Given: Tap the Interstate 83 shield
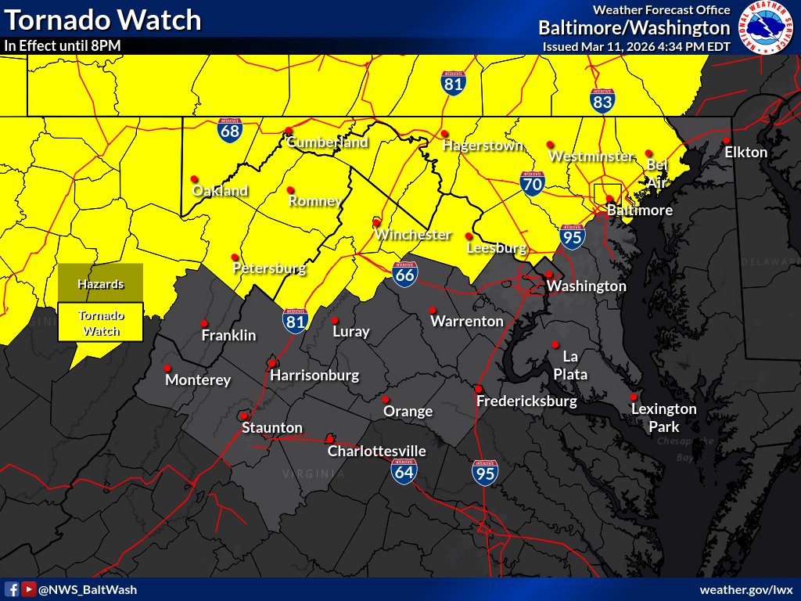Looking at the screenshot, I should pos(602,100).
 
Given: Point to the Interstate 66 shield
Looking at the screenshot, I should pos(404,273).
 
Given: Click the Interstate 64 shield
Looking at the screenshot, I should pos(404,470).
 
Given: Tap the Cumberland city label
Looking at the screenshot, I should pos(327,142).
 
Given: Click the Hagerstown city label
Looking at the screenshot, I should pos(483,146).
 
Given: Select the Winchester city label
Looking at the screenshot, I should pos(412,234).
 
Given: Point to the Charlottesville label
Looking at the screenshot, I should pos(376,452).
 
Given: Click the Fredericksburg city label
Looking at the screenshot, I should pos(526,401).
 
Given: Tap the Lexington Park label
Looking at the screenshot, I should pos(663,418).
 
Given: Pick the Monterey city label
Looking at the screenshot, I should pos(198,380).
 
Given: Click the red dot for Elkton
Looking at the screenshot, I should pos(727,140).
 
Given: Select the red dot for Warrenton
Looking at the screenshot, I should pos(433,309).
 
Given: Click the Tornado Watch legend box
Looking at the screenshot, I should pos(100,323).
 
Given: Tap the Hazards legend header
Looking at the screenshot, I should pos(100,284).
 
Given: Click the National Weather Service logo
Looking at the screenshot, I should pos(766,27).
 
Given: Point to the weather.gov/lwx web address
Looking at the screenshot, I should pos(746,589).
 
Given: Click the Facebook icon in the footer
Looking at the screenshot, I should pos(13,589).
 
